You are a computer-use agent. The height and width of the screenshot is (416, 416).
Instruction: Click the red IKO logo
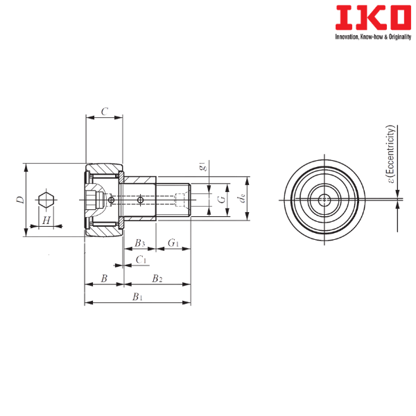tap(373, 17)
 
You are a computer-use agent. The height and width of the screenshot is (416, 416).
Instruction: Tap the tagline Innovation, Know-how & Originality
tap(373, 37)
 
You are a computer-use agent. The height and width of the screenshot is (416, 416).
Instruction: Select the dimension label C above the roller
tap(105, 112)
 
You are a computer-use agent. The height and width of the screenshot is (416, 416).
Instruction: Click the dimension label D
tap(20, 200)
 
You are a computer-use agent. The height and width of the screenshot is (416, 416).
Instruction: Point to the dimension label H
tap(46, 220)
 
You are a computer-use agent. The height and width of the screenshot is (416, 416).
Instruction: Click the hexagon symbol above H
tap(46, 200)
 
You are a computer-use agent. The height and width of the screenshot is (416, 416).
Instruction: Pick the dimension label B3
tap(140, 243)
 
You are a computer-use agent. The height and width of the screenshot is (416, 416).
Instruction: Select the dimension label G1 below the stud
tap(173, 243)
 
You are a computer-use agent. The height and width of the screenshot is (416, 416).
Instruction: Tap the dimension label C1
tap(141, 259)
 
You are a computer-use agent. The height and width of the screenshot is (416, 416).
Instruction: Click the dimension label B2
tap(157, 279)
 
